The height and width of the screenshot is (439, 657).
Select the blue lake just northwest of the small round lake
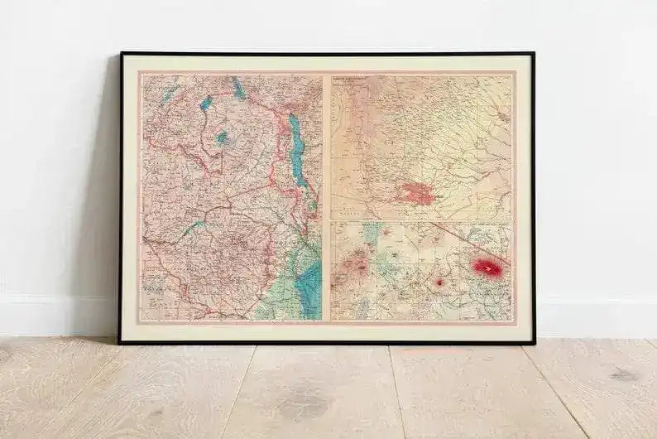click(x=206, y=102)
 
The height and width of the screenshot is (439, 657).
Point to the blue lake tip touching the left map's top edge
click(x=237, y=83)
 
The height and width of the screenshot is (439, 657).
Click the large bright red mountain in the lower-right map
click(x=489, y=267)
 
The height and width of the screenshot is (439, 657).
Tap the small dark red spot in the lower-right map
click(x=439, y=282)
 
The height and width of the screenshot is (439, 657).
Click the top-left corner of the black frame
click(x=122, y=54)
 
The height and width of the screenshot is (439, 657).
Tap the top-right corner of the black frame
click(x=534, y=54)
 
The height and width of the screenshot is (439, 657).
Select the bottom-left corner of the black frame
click(x=120, y=342)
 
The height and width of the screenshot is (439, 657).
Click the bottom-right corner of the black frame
click(x=534, y=342)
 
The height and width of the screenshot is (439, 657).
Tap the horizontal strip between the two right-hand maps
click(x=421, y=220)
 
